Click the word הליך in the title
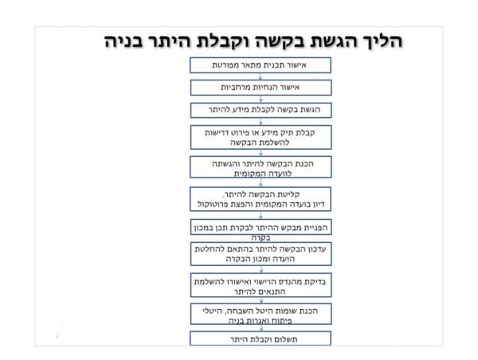pyautogui.click(x=382, y=41)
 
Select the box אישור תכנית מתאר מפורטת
pyautogui.click(x=261, y=65)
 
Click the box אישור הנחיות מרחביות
pyautogui.click(x=261, y=88)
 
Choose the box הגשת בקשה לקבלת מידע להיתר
pyautogui.click(x=261, y=110)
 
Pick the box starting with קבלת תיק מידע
pyautogui.click(x=261, y=137)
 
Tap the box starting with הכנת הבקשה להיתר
pyautogui.click(x=261, y=167)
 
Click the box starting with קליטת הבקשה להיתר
pyautogui.click(x=261, y=199)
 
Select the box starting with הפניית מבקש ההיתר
pyautogui.click(x=261, y=227)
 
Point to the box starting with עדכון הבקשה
pyautogui.click(x=261, y=254)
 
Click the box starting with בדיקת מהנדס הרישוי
pyautogui.click(x=261, y=285)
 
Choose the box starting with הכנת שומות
pyautogui.click(x=261, y=314)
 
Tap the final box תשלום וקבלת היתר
pyautogui.click(x=261, y=338)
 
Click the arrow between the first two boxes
pyautogui.click(x=261, y=76)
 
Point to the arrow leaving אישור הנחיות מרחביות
pyautogui.click(x=261, y=99)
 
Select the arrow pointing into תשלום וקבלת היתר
pyautogui.click(x=261, y=328)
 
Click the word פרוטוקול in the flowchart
pyautogui.click(x=211, y=204)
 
